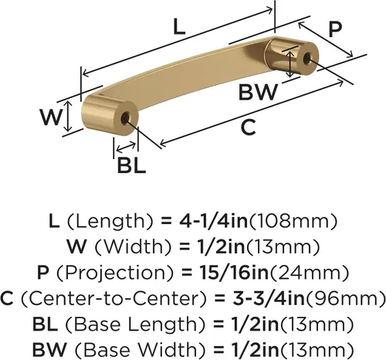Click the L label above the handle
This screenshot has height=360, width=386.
pos(179,27)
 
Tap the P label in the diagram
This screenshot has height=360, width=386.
pos(335,29)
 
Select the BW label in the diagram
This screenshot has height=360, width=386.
pos(258,92)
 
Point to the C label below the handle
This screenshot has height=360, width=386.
pos(249,127)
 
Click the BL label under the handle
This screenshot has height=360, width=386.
pos(131,165)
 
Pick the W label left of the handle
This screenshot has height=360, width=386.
pos(51,117)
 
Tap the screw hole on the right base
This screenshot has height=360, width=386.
pos(306,58)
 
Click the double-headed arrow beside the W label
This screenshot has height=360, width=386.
pos(68,117)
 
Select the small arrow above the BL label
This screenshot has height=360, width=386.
pos(126,147)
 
